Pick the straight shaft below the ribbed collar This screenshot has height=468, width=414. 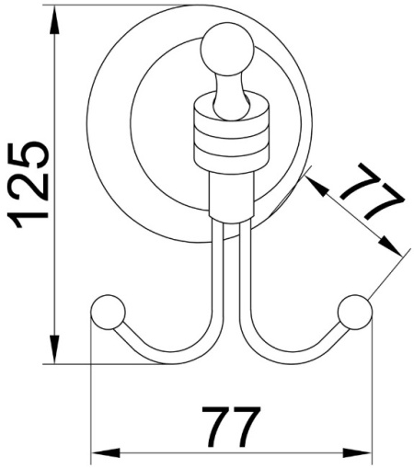tap(229, 194)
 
